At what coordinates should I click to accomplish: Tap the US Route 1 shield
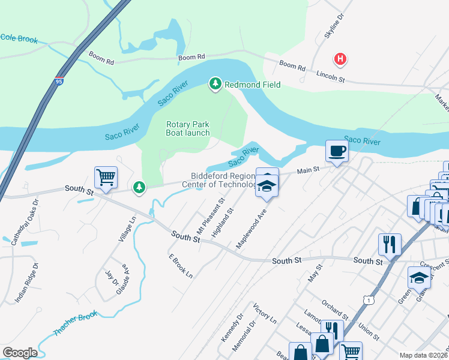point(367,298)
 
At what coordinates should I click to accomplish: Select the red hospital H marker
point(340,59)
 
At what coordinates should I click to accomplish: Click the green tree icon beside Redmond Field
point(215,84)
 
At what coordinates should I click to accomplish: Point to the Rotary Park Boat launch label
point(188,128)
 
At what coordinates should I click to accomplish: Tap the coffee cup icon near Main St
point(337,151)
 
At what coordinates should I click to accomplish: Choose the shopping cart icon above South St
point(106,178)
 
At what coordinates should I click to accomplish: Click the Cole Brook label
point(19,39)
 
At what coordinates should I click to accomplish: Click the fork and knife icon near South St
point(390,244)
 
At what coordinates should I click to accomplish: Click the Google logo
point(20,353)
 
